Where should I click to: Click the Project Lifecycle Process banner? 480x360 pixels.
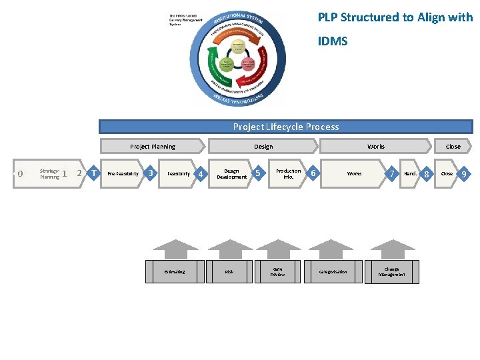pos(285,127)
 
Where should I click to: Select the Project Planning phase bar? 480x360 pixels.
pos(153,147)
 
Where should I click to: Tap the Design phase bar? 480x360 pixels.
pos(263,147)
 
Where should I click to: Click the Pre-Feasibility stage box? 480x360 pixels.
pos(123,174)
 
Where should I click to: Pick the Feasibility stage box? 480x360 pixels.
pos(179,174)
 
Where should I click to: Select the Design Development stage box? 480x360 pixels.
pos(231,174)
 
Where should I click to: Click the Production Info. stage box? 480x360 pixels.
pos(288,174)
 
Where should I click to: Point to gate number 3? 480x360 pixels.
pos(151,173)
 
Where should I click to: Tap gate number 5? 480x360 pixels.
pos(258,173)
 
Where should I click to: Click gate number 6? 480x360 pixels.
pos(313,173)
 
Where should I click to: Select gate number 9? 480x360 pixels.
pos(465,174)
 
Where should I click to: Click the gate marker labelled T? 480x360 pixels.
pos(95,173)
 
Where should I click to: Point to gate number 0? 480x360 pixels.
pos(20,174)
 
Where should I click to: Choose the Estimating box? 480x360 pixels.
pos(175,272)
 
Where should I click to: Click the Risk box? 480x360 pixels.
pos(229,272)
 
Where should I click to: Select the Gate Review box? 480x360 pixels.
pos(277,272)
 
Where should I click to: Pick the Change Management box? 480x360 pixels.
pos(392,272)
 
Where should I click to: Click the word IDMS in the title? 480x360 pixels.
pos(332,41)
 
